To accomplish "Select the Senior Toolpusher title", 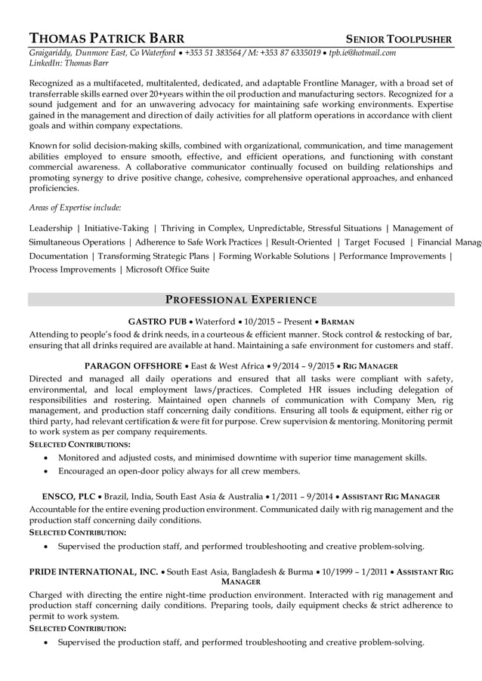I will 399,39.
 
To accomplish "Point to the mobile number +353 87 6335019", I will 289,53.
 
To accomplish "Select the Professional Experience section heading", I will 241,299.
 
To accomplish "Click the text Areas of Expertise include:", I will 75,207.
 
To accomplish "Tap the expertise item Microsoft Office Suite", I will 168,270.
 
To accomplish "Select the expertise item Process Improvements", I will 73,270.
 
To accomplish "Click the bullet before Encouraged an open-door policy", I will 48,471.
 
